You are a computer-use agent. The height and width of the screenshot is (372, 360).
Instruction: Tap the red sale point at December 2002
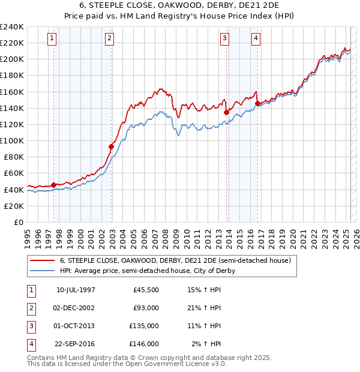pos(111,146)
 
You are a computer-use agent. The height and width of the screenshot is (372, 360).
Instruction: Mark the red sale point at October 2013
pos(226,112)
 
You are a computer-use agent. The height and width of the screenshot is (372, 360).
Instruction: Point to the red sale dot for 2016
pos(257,103)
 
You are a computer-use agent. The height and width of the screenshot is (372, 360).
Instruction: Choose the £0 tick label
pos(19,222)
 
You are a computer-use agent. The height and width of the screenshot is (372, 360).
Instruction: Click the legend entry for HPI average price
pos(147,271)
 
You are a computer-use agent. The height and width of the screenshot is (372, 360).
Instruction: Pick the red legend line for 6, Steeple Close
pos(41,260)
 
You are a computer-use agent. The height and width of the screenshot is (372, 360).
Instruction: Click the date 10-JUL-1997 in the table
pos(76,290)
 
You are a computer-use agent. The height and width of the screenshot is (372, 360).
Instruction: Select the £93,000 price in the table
pos(146,308)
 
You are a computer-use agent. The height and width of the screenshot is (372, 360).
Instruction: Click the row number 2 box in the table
pos(30,308)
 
